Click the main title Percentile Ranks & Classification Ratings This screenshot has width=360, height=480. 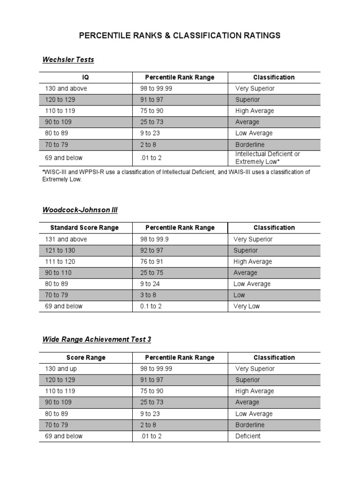(180, 36)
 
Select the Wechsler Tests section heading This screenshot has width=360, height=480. (68, 60)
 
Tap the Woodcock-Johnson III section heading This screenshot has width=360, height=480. (80, 210)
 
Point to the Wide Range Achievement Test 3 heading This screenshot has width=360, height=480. (97, 339)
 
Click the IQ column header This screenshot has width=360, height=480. (85, 77)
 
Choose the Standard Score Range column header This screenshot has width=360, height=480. (84, 228)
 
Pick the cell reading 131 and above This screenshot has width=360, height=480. (66, 239)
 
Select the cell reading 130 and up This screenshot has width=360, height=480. (61, 369)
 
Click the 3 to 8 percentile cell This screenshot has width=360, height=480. (150, 295)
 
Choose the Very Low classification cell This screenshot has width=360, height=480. (247, 307)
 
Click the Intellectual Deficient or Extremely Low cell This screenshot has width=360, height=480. (268, 158)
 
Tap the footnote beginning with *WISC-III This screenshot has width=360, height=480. (176, 176)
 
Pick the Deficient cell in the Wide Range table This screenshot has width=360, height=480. (248, 436)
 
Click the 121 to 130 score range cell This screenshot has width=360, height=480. (60, 250)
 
